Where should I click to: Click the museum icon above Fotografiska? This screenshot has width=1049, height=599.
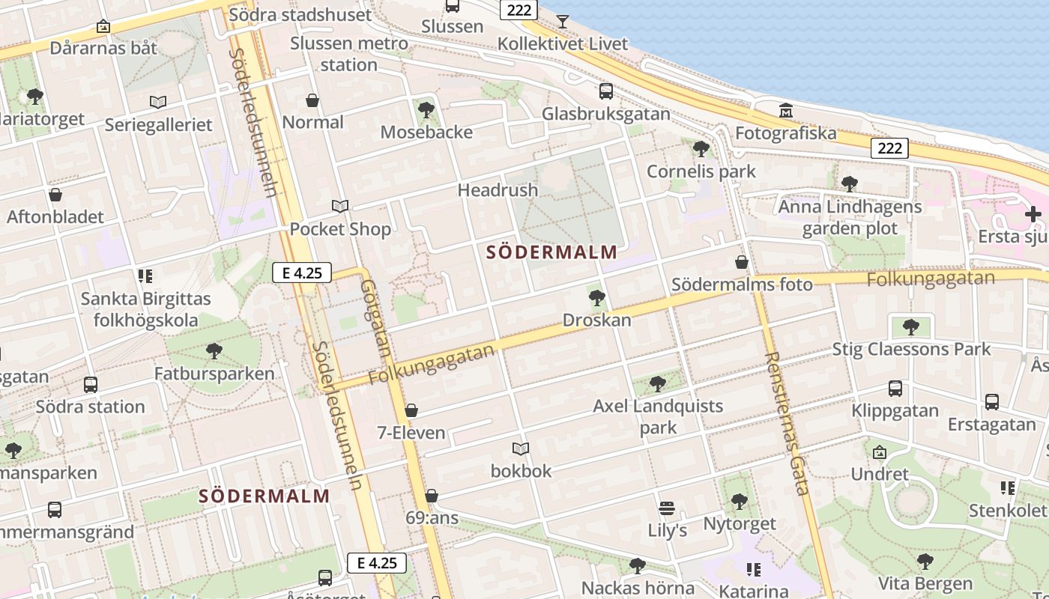[x=785, y=111]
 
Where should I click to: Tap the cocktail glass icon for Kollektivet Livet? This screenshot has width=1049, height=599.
[x=563, y=21]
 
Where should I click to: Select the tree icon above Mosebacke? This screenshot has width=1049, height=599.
[x=426, y=110]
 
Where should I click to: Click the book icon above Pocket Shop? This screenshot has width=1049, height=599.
[x=340, y=206]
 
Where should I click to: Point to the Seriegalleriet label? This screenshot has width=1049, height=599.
[x=159, y=125]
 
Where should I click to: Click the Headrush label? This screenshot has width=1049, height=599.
[x=498, y=190]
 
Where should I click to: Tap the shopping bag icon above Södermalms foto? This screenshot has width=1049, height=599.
[x=742, y=262]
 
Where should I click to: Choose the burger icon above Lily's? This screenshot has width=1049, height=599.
[x=667, y=509]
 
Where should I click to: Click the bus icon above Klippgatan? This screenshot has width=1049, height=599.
[x=895, y=389]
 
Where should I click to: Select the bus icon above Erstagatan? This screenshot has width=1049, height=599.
[x=992, y=402]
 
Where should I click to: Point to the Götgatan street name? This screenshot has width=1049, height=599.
[x=375, y=317]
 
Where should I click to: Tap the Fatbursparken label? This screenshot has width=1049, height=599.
[x=214, y=373]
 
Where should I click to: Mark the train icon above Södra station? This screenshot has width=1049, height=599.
[x=91, y=385]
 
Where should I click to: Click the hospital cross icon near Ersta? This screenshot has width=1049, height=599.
[x=1033, y=214]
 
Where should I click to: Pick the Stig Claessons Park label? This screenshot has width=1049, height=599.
[x=911, y=349]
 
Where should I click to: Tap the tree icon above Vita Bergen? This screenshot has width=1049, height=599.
[x=925, y=562]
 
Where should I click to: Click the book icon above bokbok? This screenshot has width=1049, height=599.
[x=521, y=449]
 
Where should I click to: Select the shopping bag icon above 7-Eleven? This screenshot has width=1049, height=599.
[x=411, y=410]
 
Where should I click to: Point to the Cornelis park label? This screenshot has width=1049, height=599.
[x=701, y=171]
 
